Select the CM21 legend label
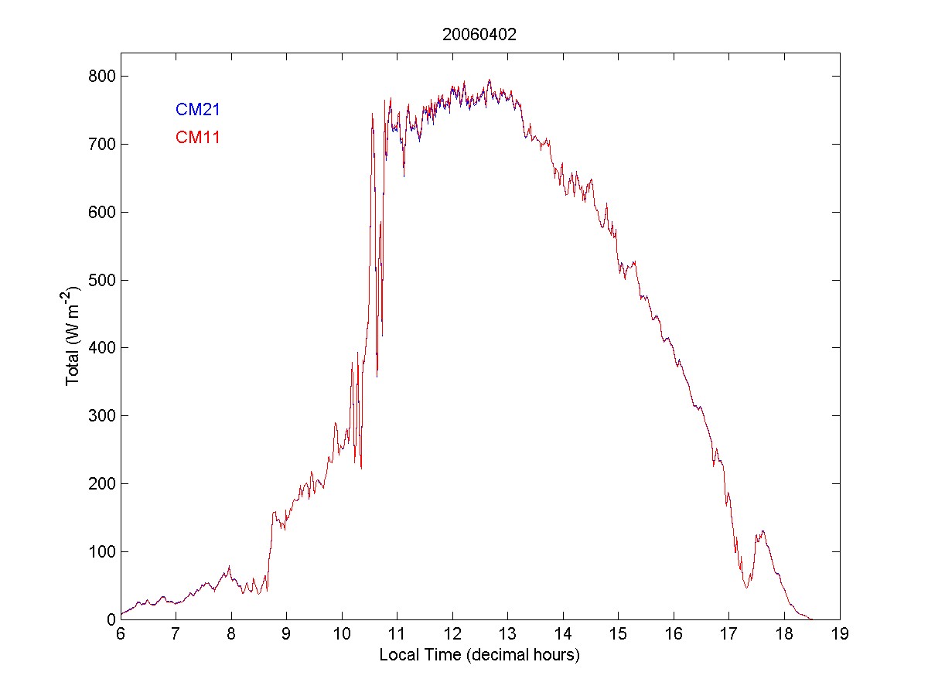[x=198, y=110]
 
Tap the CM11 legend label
[x=198, y=138]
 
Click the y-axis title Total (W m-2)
[x=73, y=336]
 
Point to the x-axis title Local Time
[x=479, y=655]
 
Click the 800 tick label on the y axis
[x=101, y=77]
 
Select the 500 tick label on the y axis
[x=101, y=280]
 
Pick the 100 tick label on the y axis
[x=101, y=551]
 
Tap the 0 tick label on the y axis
[x=110, y=619]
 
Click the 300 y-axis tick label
[x=101, y=416]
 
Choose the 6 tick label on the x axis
[x=121, y=635]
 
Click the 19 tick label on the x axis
[x=840, y=635]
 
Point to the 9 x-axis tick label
[x=286, y=635]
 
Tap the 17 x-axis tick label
[x=729, y=635]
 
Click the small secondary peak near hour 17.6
[x=763, y=531]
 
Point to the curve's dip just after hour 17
[x=747, y=587]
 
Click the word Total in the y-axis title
[x=73, y=370]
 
